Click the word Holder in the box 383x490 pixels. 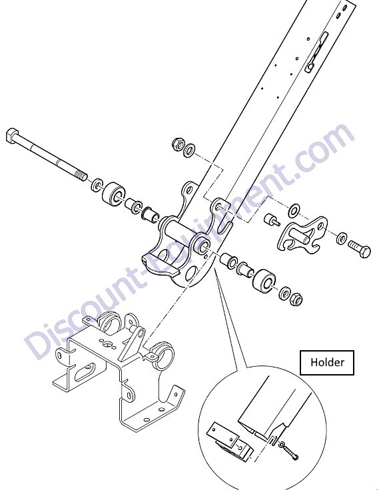coord(327,362)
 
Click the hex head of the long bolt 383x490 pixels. coord(12,136)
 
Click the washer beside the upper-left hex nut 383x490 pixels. coord(189,150)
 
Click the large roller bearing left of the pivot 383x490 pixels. coord(115,194)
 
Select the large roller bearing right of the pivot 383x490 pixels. coord(264,280)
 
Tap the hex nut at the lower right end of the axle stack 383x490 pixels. coord(296,300)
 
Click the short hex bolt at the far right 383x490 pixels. coord(360,249)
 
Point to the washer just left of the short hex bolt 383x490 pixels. coord(342,238)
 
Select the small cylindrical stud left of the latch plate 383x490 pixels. coord(270,220)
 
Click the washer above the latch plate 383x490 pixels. coord(294,210)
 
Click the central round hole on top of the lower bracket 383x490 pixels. coord(108,345)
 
